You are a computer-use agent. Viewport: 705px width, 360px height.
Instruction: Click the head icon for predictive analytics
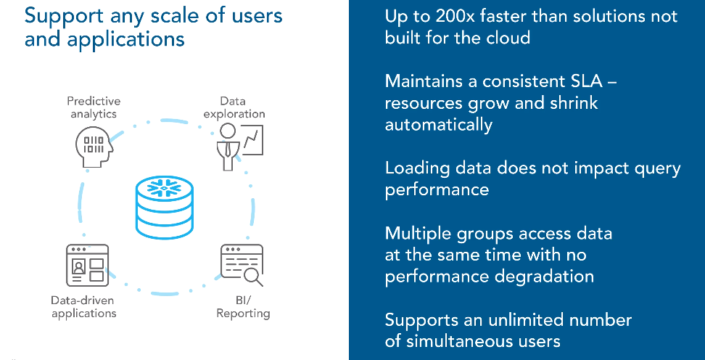pos(94,145)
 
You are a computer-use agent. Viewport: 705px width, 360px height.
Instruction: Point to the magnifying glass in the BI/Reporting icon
pos(253,277)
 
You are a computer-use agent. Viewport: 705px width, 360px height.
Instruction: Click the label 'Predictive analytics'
pos(94,107)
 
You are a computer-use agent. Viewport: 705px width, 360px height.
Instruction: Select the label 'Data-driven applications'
pos(83,306)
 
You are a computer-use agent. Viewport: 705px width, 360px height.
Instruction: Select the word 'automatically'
pos(439,124)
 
